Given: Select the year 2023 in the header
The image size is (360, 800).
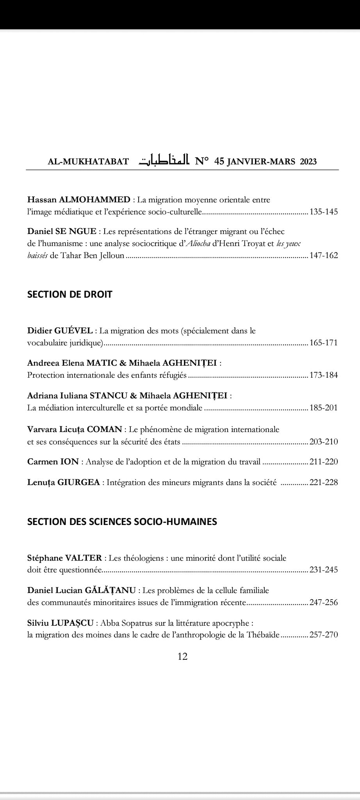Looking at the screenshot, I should (x=308, y=161).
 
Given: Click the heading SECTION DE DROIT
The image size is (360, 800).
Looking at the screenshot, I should (x=70, y=294).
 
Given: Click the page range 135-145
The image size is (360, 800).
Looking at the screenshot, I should (x=324, y=212).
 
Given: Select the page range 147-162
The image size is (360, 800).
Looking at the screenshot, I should (x=324, y=255).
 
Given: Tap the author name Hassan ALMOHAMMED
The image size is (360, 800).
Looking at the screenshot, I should (x=79, y=200).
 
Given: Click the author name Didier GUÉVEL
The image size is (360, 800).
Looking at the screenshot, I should (x=60, y=330).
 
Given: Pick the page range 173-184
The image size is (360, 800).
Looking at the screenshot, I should (x=324, y=375).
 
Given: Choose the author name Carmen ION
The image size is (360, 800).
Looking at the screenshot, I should (x=53, y=462).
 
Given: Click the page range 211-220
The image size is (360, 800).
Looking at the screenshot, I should (x=324, y=462).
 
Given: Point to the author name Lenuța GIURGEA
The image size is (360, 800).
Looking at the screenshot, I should (x=63, y=482).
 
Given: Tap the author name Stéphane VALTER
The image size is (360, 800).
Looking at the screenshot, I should (x=64, y=558).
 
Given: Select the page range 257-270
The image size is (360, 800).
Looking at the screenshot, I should (x=324, y=635).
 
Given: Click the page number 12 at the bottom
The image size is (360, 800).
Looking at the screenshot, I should (x=182, y=656).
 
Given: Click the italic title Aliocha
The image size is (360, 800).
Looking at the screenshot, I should (x=195, y=243).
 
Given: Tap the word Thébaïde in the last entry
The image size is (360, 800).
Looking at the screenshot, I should (x=263, y=635).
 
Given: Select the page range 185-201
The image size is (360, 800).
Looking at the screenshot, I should (x=324, y=408).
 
